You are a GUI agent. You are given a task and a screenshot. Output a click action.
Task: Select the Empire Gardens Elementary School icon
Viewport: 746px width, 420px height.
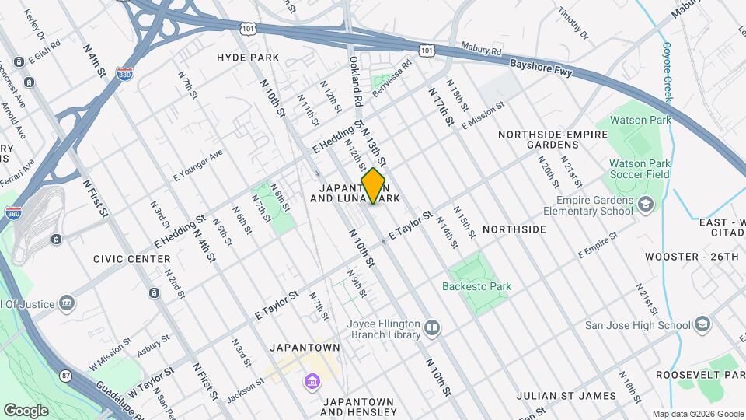pyautogui.click(x=644, y=205)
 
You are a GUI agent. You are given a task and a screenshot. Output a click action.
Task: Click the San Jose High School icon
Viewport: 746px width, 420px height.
pyautogui.click(x=702, y=324)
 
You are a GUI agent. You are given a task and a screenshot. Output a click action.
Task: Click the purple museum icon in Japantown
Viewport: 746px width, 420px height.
pyautogui.click(x=312, y=383)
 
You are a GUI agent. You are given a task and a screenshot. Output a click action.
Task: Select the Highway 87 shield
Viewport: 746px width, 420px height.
pyautogui.click(x=66, y=377)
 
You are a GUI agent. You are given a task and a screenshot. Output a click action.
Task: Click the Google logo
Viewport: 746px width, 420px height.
pyautogui.click(x=26, y=410)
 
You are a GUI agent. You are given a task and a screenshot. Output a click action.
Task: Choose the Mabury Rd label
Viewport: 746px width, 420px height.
pyautogui.click(x=479, y=50)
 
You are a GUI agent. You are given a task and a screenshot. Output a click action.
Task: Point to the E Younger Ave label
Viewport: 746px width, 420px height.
pyautogui.click(x=198, y=164)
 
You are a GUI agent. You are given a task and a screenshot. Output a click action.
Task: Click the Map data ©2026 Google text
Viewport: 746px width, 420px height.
pyautogui.click(x=697, y=413)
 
